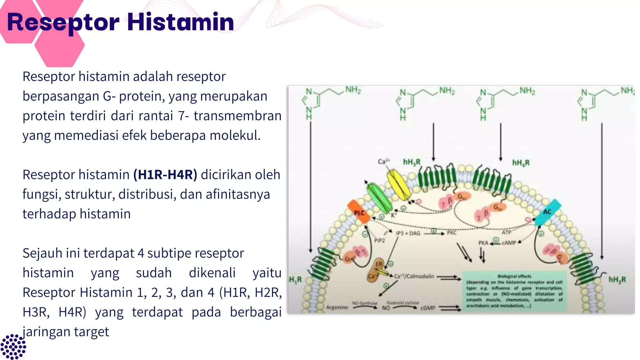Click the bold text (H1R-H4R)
165,174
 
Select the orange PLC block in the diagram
359,212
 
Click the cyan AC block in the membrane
547,212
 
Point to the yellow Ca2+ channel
398,184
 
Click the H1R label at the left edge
295,279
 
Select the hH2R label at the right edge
617,279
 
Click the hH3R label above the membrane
412,162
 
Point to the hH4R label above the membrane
521,162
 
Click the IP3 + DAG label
408,233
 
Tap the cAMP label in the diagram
509,242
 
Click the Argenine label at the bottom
337,307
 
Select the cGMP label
428,308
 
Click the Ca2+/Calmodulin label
414,276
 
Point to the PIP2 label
379,240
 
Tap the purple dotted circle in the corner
13,346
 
